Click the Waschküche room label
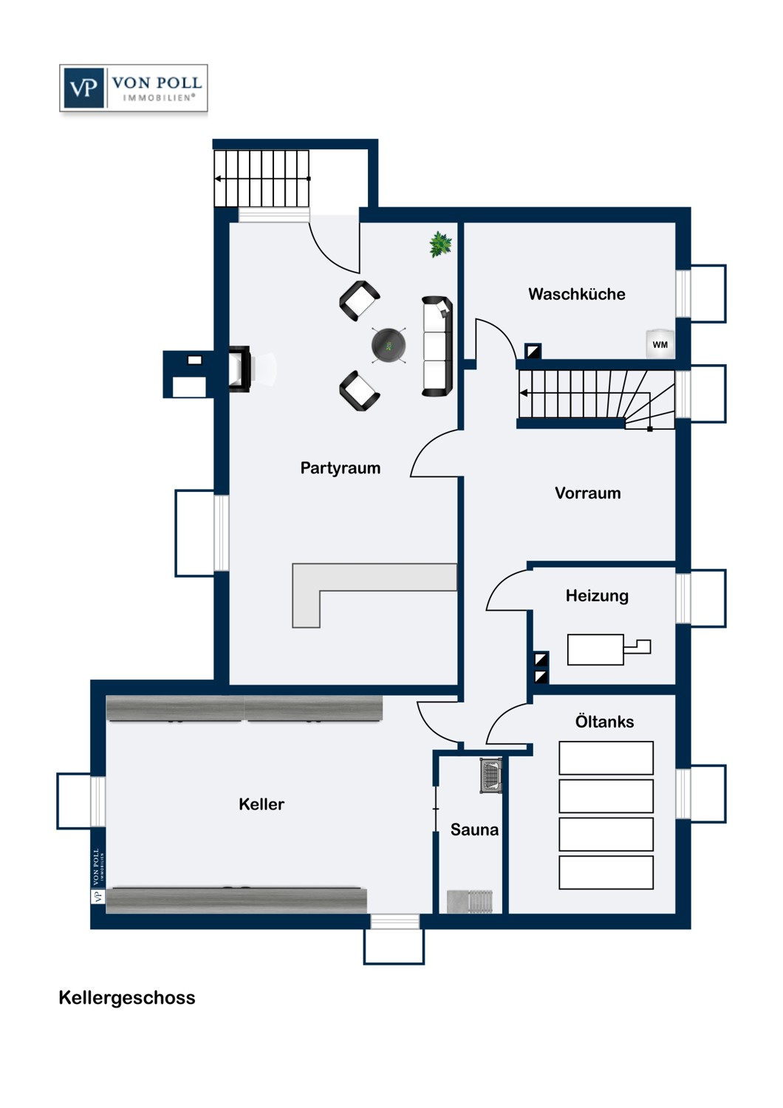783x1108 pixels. pos(576,294)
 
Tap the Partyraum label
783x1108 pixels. pos(341,468)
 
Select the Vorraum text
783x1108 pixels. pos(588,493)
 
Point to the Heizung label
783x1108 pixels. pos(597,596)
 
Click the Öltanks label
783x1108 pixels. pos(604,722)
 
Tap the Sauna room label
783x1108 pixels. pos(474,830)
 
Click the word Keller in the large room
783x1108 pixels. pos(261,804)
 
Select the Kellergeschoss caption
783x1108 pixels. pos(127,998)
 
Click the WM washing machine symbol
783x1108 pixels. pos(660,344)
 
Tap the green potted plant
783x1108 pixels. pos(440,244)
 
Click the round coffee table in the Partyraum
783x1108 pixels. pos(389,345)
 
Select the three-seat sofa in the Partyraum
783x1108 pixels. pos(437,346)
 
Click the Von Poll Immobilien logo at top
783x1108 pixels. pos(134,88)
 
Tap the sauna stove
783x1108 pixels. pos(490,776)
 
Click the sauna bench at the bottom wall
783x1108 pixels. pos(470,901)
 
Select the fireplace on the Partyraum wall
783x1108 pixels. pos(240,369)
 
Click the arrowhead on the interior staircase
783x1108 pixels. pos(523,393)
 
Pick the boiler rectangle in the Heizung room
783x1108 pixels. pos(595,649)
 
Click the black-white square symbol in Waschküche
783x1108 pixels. pos(533,351)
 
